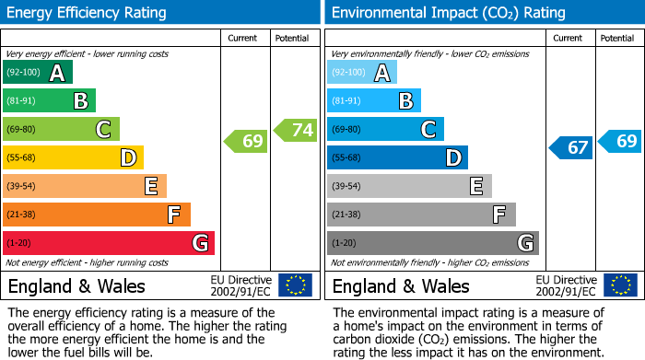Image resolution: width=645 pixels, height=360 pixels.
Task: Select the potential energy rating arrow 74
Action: pos(296,130)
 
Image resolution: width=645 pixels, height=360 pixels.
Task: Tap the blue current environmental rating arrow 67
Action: pos(571,147)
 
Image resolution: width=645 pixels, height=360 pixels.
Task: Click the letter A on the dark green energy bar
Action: pos(57,73)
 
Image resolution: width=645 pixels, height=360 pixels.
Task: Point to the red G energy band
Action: pos(109,243)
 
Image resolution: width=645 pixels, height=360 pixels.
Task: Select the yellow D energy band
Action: pos(74,158)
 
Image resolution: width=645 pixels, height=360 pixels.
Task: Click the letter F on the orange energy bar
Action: pos(173,215)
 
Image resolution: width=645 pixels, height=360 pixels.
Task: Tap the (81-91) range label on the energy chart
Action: pos(21,101)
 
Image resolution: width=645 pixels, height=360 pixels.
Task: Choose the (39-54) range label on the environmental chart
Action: pos(346,187)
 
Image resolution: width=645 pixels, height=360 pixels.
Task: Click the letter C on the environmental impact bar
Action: pos(428,130)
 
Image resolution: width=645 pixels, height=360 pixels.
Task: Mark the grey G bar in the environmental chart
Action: pos(432,243)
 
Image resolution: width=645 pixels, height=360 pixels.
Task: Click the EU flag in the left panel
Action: pos(295,285)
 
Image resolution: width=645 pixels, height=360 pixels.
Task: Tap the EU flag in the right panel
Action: pos(619,285)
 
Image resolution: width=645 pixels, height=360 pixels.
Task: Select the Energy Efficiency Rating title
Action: pos(88,13)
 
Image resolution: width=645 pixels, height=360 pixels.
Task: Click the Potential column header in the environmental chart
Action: pos(617,38)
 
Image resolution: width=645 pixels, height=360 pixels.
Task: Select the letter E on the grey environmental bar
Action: pos(475,187)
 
